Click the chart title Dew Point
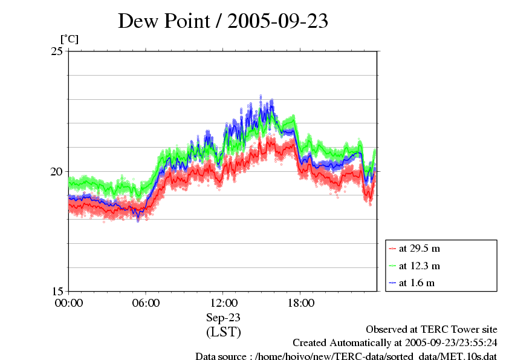[x=169, y=21]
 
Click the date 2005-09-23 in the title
[x=277, y=21]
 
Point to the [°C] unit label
[x=69, y=39]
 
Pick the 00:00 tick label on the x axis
[x=69, y=303]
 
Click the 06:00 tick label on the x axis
[x=146, y=303]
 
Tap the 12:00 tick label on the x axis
[x=223, y=303]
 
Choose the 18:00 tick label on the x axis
[x=300, y=303]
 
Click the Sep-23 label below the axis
[x=223, y=318]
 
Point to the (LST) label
[x=223, y=332]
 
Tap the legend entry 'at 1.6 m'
[x=417, y=283]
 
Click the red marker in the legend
[x=393, y=249]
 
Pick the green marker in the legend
[x=393, y=266]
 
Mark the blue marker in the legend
[x=393, y=283]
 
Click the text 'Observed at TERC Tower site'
[x=432, y=329]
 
